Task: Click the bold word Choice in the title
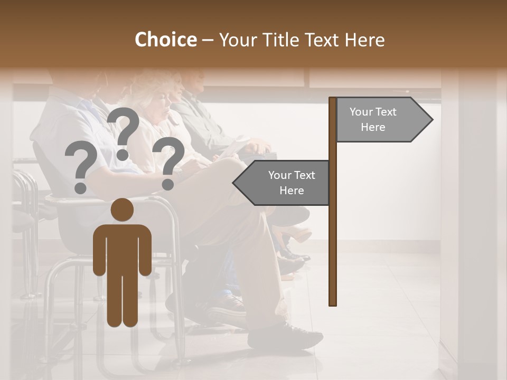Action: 165,40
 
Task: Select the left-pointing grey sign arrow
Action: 285,183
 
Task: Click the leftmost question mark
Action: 81,168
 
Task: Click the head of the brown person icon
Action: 123,210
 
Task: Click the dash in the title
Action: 208,41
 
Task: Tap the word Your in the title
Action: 236,40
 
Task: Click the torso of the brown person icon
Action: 123,248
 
